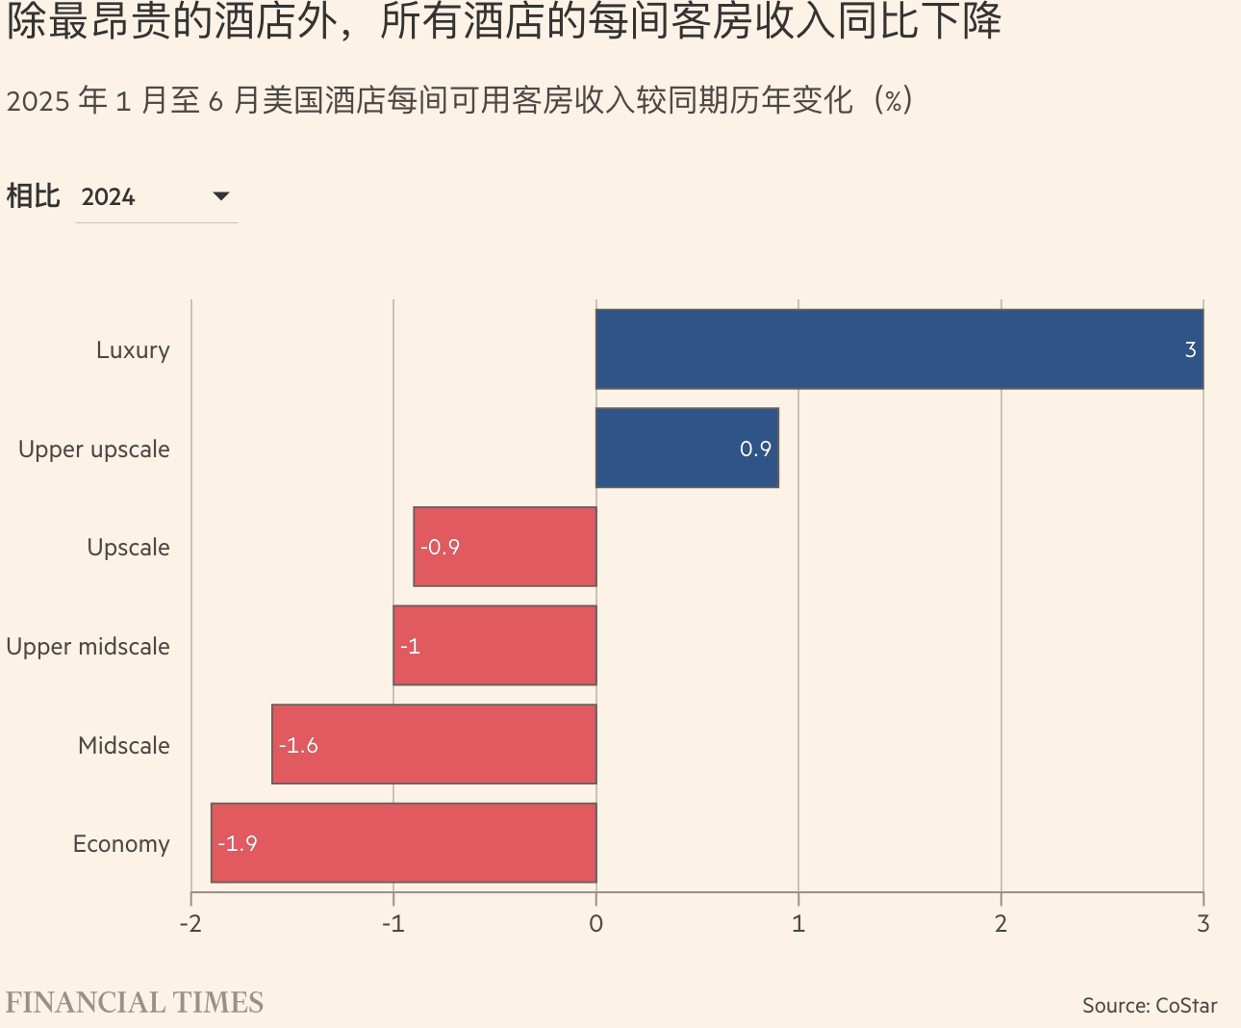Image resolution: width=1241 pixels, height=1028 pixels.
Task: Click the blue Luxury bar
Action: click(899, 349)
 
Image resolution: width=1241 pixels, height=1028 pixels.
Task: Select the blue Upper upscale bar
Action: click(687, 448)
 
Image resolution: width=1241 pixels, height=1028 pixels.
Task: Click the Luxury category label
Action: click(133, 350)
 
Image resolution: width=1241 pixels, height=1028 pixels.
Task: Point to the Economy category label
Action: click(121, 844)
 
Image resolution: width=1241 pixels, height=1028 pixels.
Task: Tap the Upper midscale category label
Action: click(88, 647)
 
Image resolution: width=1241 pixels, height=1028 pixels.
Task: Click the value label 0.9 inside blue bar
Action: click(755, 449)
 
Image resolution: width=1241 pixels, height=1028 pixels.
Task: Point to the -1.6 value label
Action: click(298, 745)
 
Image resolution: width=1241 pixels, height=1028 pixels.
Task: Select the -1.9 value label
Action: click(238, 844)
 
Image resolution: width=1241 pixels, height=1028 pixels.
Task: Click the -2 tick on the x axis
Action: click(190, 924)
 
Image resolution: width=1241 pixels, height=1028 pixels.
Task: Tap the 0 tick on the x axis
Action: click(596, 924)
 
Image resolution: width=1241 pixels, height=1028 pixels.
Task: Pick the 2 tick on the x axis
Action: click(1000, 924)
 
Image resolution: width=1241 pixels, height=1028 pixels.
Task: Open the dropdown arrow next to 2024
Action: click(221, 196)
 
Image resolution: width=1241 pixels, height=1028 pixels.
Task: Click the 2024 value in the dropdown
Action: click(109, 197)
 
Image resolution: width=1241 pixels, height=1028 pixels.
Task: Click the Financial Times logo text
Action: click(135, 1003)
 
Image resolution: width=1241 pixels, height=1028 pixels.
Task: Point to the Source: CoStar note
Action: click(1150, 1006)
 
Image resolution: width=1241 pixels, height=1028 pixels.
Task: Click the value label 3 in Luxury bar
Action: click(1190, 350)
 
